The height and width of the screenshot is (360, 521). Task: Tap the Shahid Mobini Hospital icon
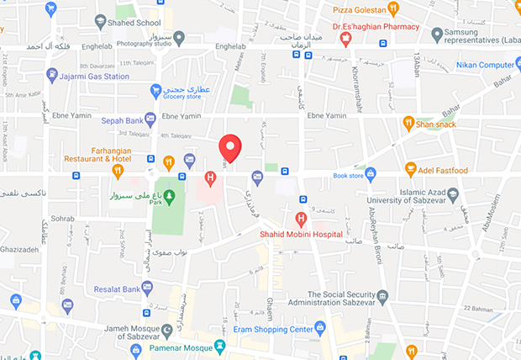pyautogui.click(x=301, y=220)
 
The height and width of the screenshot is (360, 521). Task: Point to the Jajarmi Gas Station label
pyautogui.click(x=95, y=76)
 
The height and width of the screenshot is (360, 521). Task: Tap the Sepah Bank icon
pyautogui.click(x=150, y=119)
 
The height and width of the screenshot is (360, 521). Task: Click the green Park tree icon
pyautogui.click(x=169, y=196)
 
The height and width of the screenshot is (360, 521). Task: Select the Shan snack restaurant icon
pyautogui.click(x=408, y=124)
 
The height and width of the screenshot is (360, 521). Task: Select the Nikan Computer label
pyautogui.click(x=485, y=65)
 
